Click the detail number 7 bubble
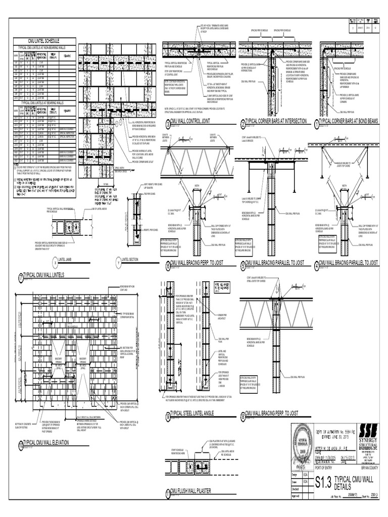tap(21, 277)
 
